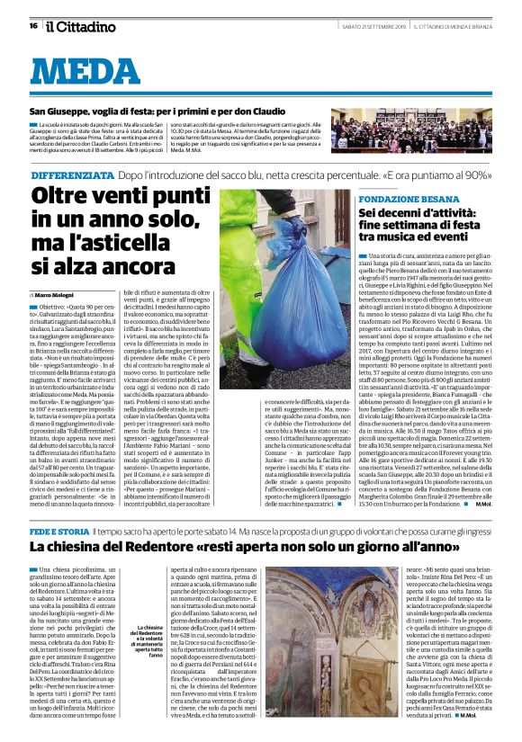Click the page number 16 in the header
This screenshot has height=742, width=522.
(x=32, y=26)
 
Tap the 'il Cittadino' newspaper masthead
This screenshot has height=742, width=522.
(x=81, y=27)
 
